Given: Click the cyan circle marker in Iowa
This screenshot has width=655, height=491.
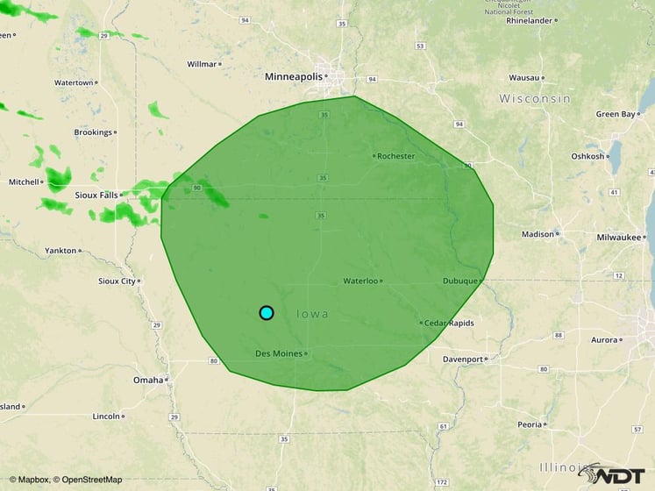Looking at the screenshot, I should coord(267,313).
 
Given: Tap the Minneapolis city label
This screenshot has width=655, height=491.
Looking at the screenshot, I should coord(294,77).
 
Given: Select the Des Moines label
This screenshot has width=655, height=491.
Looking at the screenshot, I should coord(278,354).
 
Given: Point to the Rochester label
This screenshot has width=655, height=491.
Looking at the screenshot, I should coord(396,156).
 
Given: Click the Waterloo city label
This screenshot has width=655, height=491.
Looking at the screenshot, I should coord(360,281).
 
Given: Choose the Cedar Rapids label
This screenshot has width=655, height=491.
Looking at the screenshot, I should coord(449,324).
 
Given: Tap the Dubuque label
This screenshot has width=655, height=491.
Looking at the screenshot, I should coord(459,281).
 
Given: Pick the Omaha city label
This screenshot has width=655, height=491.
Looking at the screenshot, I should coord(147,381).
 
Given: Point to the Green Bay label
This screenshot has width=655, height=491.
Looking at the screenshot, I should coord(615,114).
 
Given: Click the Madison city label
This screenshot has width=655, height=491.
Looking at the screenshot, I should coord(538,234).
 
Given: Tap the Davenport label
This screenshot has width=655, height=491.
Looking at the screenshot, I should coord(463,359).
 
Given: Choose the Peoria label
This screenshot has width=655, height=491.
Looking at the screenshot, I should coord(529,424).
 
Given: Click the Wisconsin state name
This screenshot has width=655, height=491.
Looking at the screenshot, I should coord(535,99).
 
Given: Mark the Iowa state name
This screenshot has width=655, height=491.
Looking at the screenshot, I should coord(313,314).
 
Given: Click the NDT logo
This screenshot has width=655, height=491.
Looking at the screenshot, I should coord(615,474).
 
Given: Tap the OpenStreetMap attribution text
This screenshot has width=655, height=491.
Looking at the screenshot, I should coord(88,480).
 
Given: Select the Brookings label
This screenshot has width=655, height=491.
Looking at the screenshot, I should coord(93,132).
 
